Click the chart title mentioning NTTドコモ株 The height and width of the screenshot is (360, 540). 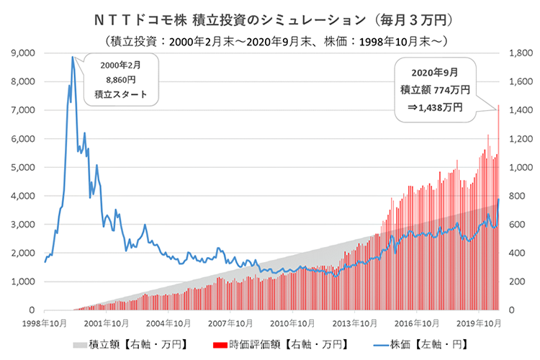click(270, 15)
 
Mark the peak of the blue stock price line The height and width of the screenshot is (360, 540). click(73, 57)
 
